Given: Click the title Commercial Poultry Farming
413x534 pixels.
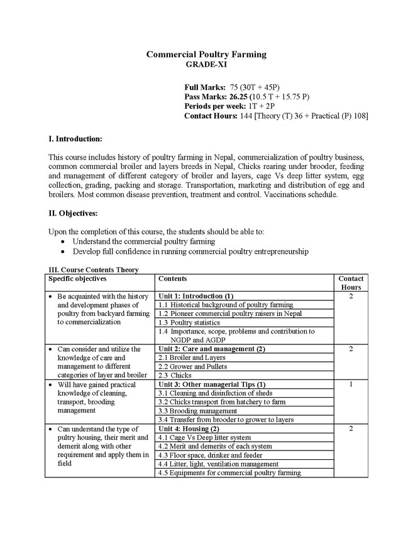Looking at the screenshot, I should (x=206, y=55).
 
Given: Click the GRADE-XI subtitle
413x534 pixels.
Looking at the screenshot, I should (x=206, y=64).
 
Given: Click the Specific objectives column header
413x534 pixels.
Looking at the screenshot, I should (x=78, y=278).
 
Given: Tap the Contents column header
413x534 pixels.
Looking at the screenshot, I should (x=173, y=278).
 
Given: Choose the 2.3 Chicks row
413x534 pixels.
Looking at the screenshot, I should (x=175, y=375).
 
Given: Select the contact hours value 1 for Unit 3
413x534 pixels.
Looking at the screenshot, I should (x=351, y=384).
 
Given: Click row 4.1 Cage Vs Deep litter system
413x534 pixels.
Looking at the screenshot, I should (x=204, y=437).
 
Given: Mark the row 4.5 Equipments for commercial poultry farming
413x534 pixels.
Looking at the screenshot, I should (x=229, y=472).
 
